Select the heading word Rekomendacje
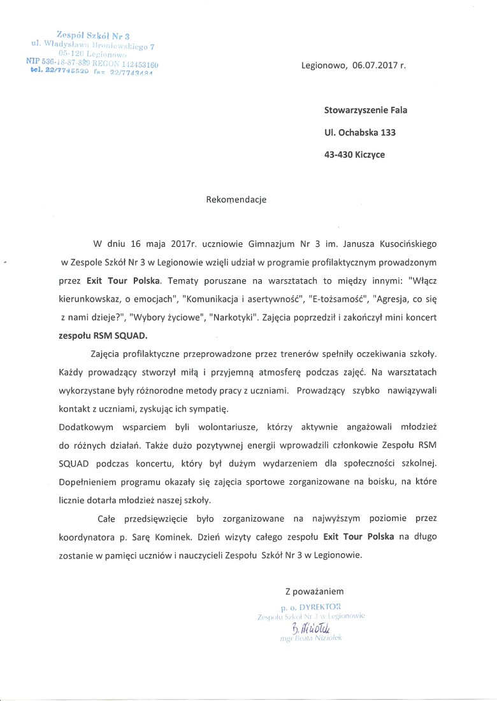pyautogui.click(x=236, y=200)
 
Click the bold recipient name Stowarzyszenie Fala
pyautogui.click(x=365, y=110)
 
